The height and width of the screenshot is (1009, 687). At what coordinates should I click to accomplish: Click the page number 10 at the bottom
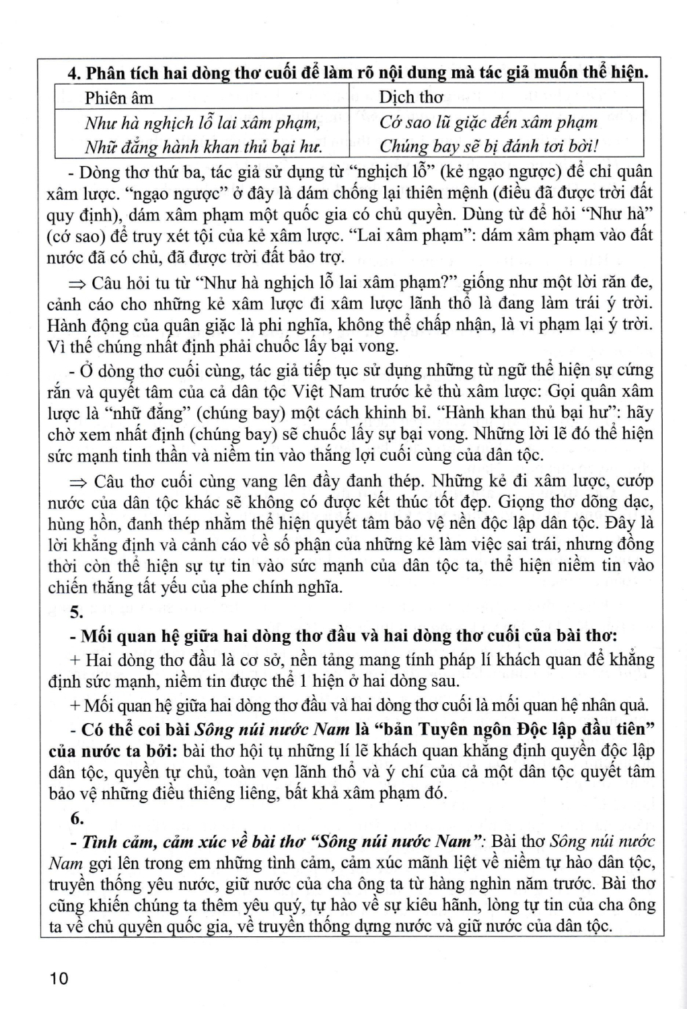(x=59, y=977)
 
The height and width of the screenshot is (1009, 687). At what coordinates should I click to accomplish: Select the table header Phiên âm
(x=118, y=98)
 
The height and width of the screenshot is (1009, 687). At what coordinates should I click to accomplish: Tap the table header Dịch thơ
(x=410, y=98)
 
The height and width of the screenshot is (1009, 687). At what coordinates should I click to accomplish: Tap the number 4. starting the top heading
(x=75, y=73)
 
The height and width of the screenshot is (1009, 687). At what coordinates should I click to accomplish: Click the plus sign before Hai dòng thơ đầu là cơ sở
(x=75, y=660)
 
